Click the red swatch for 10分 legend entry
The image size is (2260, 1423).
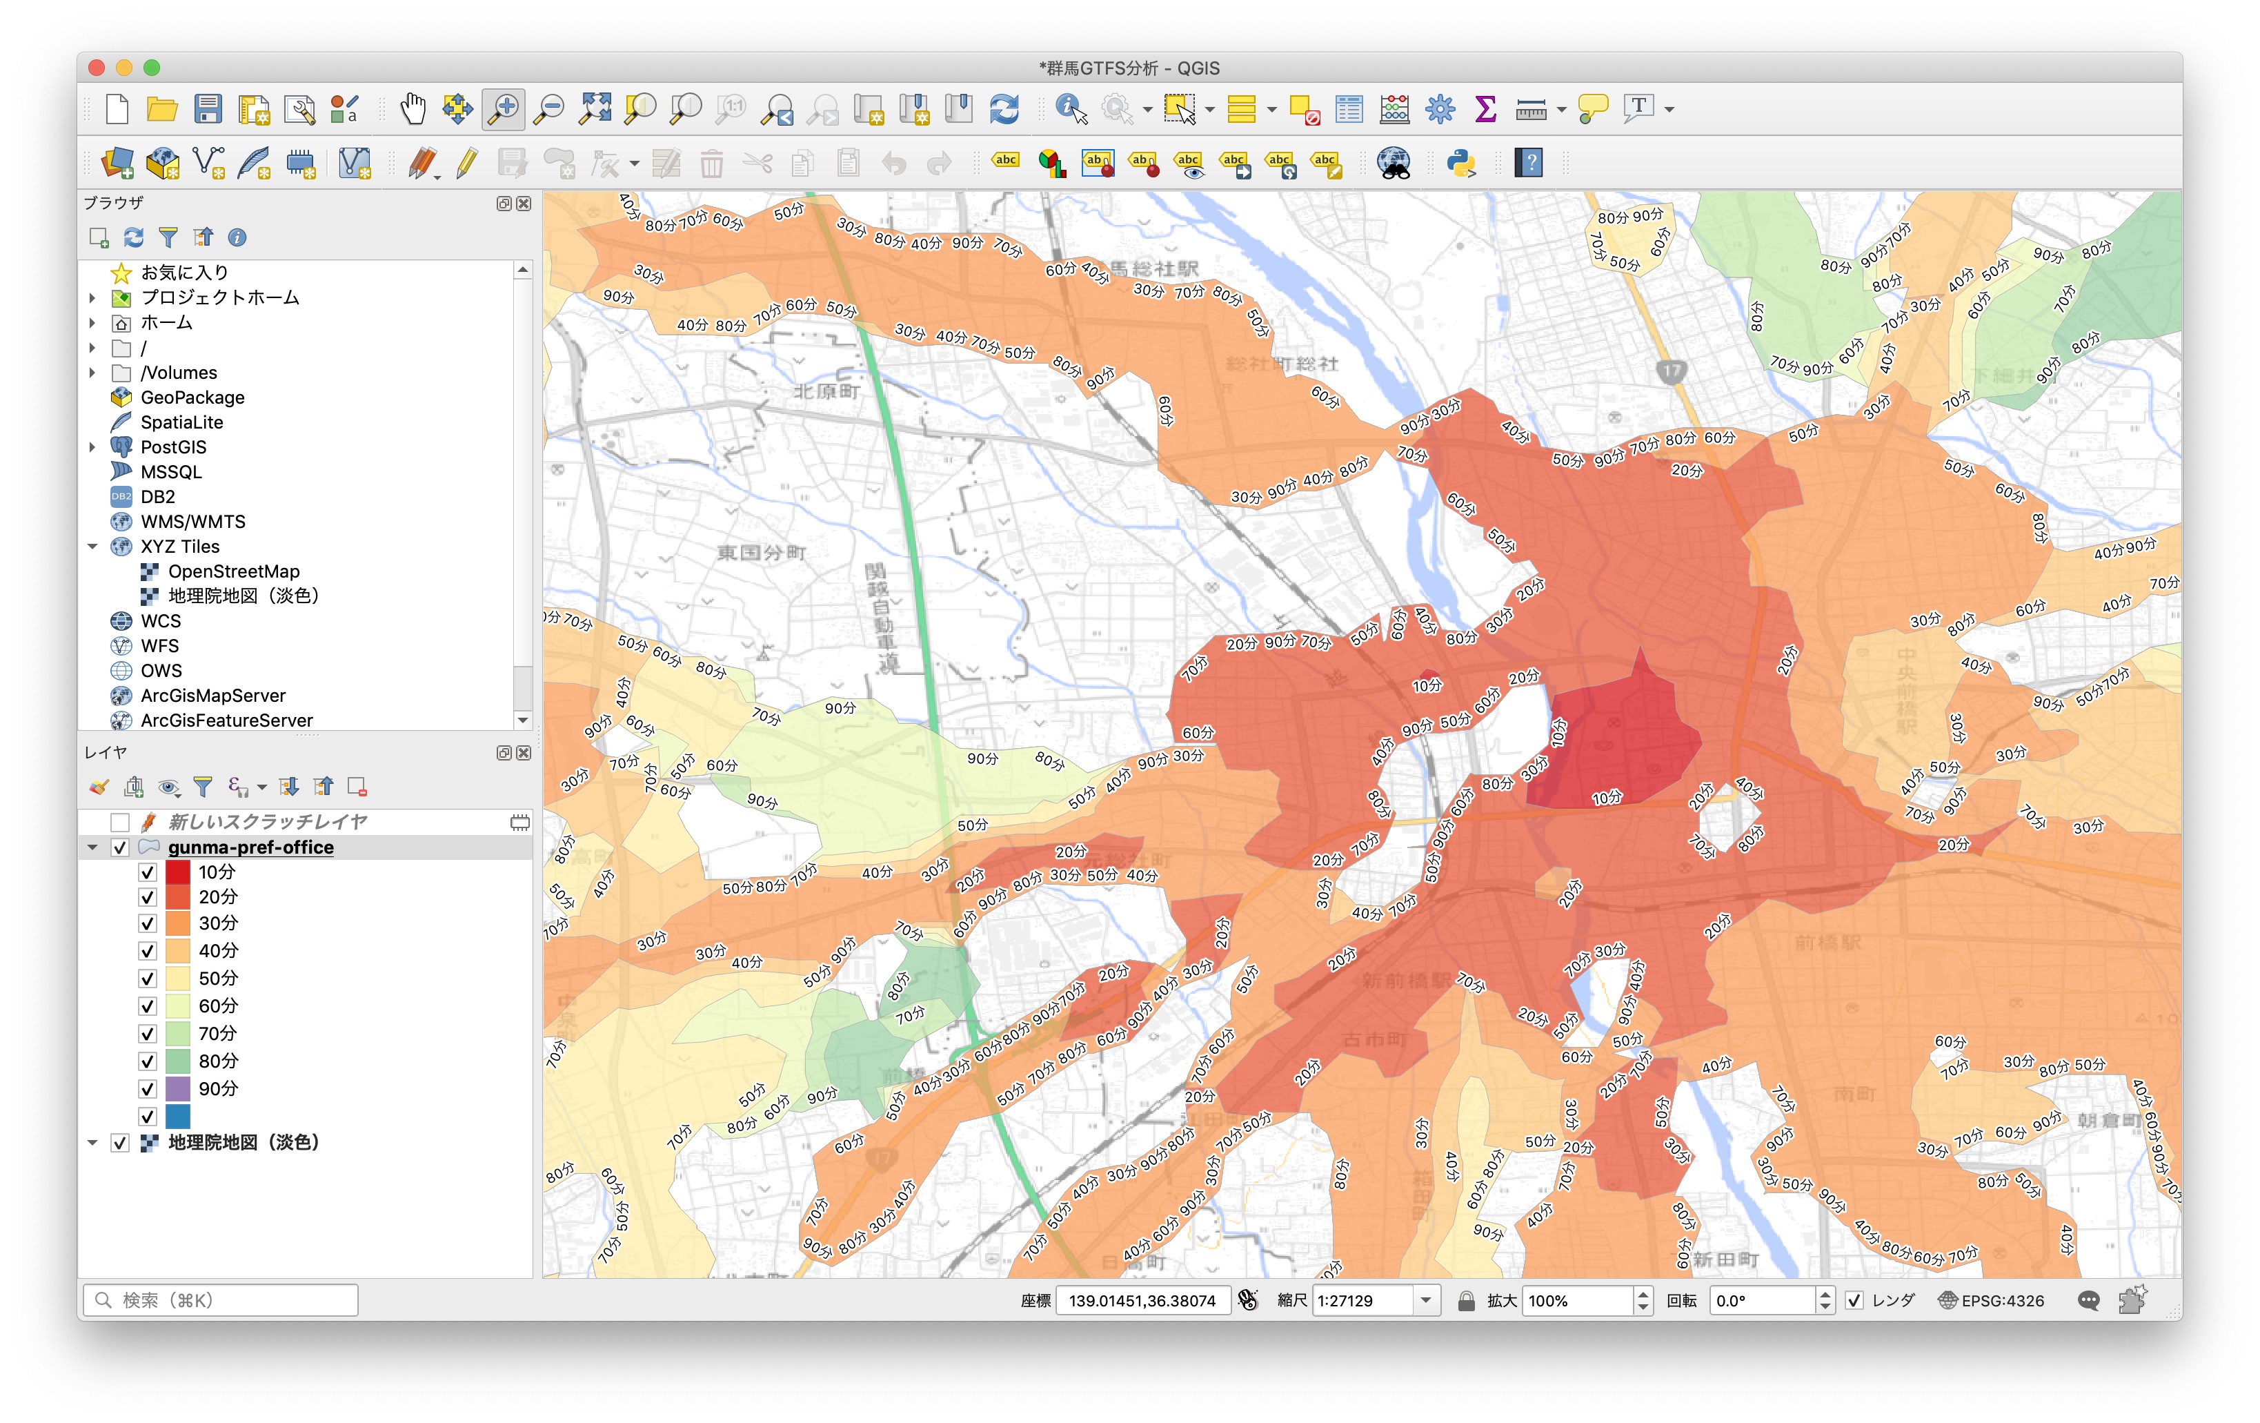(177, 872)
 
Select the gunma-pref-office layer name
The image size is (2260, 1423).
(250, 847)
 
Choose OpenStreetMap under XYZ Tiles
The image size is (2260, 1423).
(234, 571)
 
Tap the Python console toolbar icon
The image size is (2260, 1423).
(1461, 164)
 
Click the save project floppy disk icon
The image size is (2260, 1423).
(208, 110)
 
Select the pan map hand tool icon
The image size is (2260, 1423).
(412, 110)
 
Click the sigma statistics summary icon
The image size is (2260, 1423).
(1485, 110)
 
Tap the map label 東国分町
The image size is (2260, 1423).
(761, 553)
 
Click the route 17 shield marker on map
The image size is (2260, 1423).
(1671, 370)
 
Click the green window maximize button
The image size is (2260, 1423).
(152, 68)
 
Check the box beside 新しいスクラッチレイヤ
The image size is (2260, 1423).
(119, 822)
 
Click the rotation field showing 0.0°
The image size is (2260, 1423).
(1762, 1301)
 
